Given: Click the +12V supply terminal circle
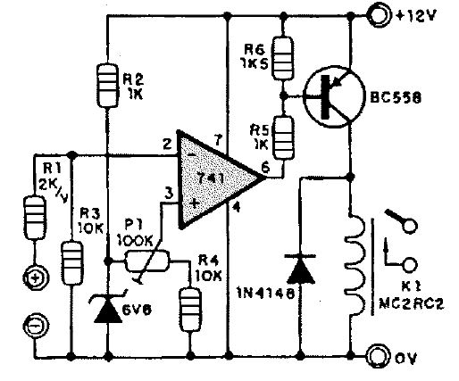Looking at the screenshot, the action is [x=379, y=15].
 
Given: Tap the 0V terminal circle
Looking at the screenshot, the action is [x=379, y=356].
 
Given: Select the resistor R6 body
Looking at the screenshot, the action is [x=283, y=58].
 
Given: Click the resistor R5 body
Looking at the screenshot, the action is [x=284, y=138].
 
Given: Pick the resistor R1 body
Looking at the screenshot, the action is [x=35, y=218].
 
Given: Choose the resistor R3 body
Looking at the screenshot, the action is [x=72, y=263].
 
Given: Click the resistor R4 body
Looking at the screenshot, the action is [x=190, y=310].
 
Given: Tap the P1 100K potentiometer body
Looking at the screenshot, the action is [x=147, y=261].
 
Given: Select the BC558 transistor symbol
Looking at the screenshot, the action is [x=333, y=97].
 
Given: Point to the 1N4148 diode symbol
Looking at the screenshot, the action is [x=301, y=269].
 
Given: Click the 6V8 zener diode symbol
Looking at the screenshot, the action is [x=108, y=307].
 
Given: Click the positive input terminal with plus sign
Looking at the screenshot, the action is [x=35, y=278].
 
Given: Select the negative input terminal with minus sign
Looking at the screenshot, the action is [x=35, y=326].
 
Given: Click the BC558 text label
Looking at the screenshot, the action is [x=396, y=97].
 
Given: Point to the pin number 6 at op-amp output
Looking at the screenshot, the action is [x=265, y=167].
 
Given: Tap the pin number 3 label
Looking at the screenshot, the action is [x=169, y=194].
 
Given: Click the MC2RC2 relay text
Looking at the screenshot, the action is [x=412, y=304].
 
